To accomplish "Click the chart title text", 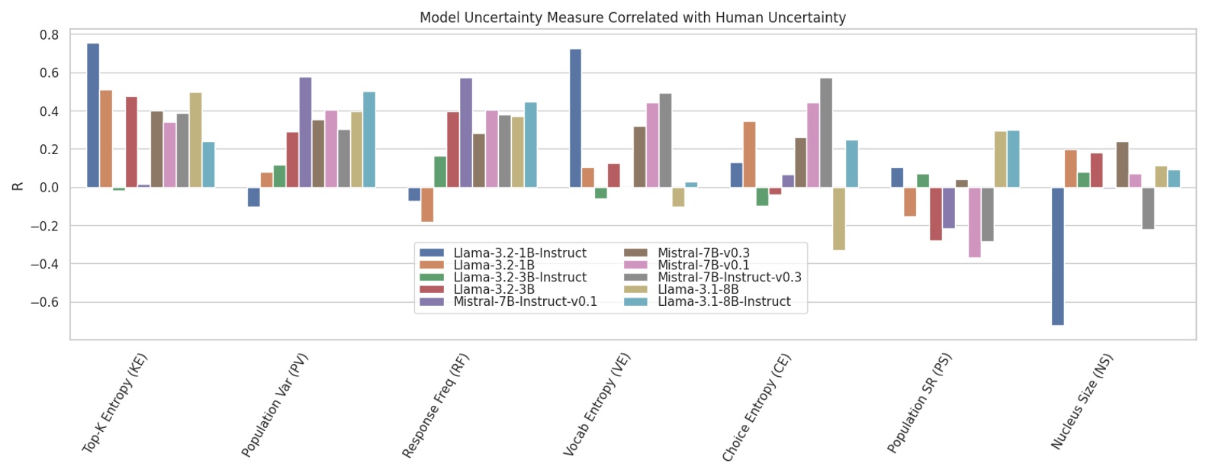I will click(632, 17).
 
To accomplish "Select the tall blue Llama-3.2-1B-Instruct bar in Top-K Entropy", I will click(93, 114).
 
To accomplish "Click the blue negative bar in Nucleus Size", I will click(1057, 256).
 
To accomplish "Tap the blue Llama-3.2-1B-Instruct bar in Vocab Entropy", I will click(575, 118).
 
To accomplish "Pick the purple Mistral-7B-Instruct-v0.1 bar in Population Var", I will click(305, 132).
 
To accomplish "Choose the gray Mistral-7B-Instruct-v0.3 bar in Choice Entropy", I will click(826, 132).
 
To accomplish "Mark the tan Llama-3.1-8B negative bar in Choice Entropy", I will click(839, 218).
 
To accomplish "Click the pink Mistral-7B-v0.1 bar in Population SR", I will click(974, 222).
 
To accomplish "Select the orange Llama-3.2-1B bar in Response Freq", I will click(427, 204).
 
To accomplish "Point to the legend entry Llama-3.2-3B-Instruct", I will click(519, 278).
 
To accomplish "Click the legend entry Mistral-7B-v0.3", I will click(703, 253).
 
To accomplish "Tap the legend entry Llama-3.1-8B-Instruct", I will click(724, 302).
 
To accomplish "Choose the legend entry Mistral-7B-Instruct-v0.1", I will click(525, 302).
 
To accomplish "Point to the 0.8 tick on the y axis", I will click(50, 35).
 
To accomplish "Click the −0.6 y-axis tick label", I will click(45, 303).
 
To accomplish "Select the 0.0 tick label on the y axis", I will click(50, 188).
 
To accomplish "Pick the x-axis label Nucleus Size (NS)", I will click(1082, 401).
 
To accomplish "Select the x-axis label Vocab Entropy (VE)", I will click(597, 404).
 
